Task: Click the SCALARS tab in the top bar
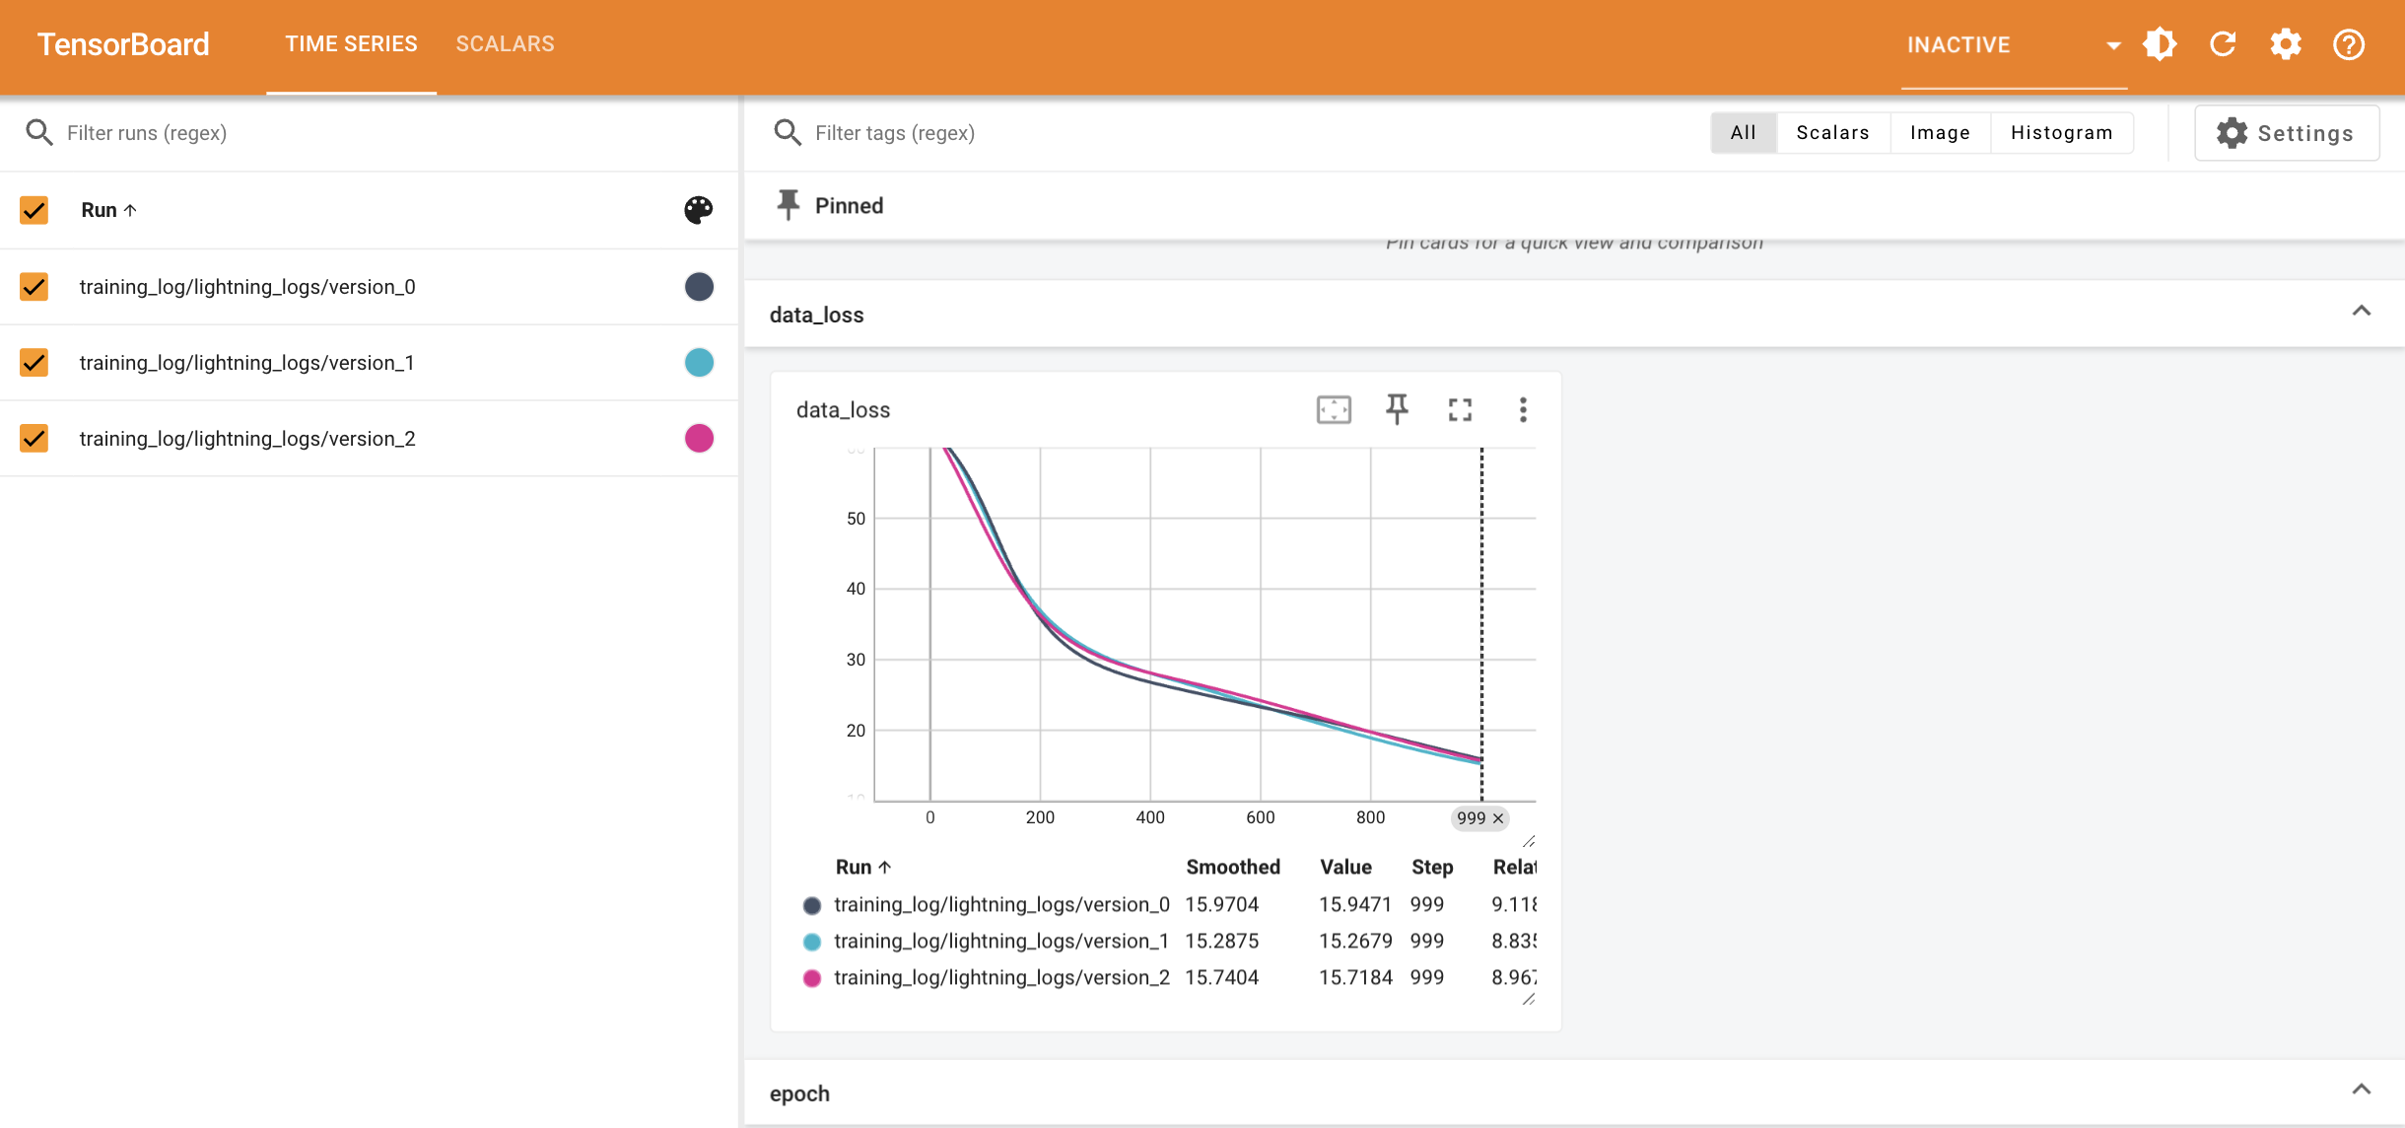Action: [505, 44]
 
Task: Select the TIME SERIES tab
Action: [351, 44]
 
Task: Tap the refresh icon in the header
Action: [2223, 44]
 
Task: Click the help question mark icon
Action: [2349, 44]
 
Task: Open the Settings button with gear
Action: [2287, 133]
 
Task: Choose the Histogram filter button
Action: [2061, 133]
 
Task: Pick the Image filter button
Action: [1939, 133]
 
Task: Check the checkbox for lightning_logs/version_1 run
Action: [34, 363]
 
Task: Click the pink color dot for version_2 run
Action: [699, 438]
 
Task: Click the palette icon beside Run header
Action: [699, 210]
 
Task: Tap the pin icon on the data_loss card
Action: [1397, 409]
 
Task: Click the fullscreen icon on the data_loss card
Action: [1460, 409]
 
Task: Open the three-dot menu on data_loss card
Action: [1523, 409]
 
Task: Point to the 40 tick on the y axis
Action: [856, 589]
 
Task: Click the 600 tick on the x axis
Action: [1260, 817]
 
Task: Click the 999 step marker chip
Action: [1471, 818]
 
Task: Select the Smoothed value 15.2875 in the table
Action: [1221, 941]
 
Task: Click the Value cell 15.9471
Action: [1355, 904]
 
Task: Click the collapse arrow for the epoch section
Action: [2361, 1090]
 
